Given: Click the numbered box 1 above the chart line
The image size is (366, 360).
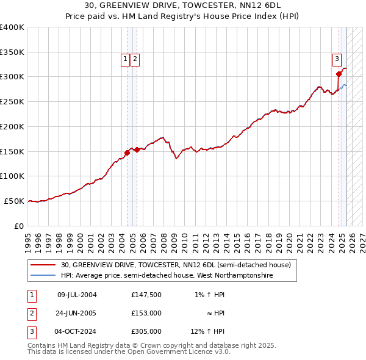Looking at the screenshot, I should [125, 59].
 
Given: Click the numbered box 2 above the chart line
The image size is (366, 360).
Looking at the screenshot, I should [135, 59].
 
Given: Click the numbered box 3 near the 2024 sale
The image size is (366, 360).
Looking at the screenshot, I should [337, 59].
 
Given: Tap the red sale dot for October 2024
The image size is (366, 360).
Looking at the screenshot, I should [339, 74].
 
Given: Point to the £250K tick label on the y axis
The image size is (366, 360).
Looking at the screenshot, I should [12, 101].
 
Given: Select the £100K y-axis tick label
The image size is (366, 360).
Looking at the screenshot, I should [12, 176].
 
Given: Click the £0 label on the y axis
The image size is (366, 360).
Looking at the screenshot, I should [19, 226].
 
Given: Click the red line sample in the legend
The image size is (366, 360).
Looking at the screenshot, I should [43, 265].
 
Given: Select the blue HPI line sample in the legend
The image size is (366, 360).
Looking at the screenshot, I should [43, 275].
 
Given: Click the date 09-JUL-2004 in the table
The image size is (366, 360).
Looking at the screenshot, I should [77, 295].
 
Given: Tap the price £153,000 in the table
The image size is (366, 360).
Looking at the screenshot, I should [146, 313].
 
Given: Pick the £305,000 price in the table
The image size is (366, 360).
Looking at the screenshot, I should [146, 331].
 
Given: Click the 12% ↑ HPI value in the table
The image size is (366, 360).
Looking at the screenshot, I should [207, 331].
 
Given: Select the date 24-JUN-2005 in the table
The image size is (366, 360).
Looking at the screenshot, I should [77, 313].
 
